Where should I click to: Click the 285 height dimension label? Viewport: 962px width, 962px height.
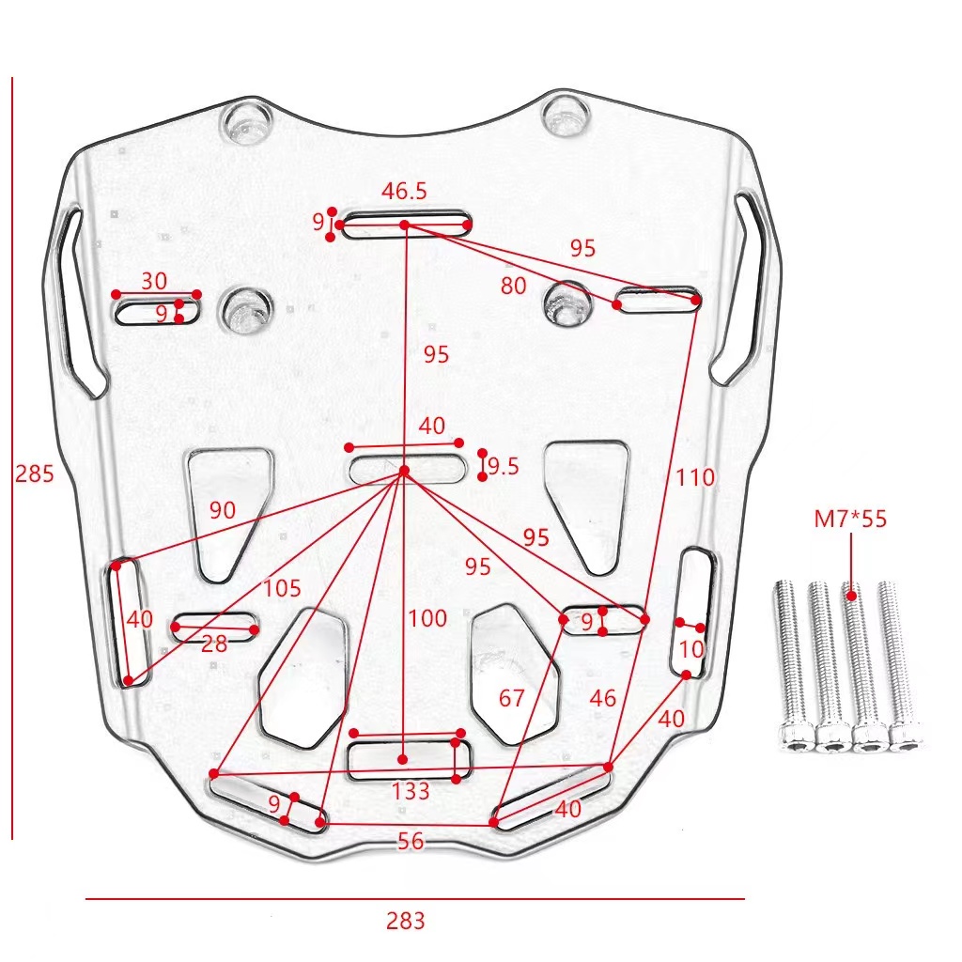pos(35,473)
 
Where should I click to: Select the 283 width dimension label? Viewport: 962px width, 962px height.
pos(405,921)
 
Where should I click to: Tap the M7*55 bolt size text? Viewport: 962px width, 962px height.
pos(851,519)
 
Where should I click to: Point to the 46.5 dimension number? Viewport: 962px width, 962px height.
pos(404,191)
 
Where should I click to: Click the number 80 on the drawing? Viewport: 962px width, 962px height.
pos(513,286)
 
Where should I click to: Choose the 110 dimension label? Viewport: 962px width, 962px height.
pos(695,477)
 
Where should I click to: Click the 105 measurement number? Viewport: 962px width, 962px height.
pos(282,589)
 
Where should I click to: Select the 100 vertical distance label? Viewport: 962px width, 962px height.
pos(427,619)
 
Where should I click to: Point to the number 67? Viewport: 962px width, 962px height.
pos(511,698)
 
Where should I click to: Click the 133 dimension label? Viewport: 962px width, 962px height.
pos(411,791)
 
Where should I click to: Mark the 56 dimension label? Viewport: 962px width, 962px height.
pos(411,842)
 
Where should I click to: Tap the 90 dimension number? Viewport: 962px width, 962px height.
pos(223,510)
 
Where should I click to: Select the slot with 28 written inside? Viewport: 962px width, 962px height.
pos(215,629)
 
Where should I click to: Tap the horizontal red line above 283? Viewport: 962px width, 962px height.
pos(414,899)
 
